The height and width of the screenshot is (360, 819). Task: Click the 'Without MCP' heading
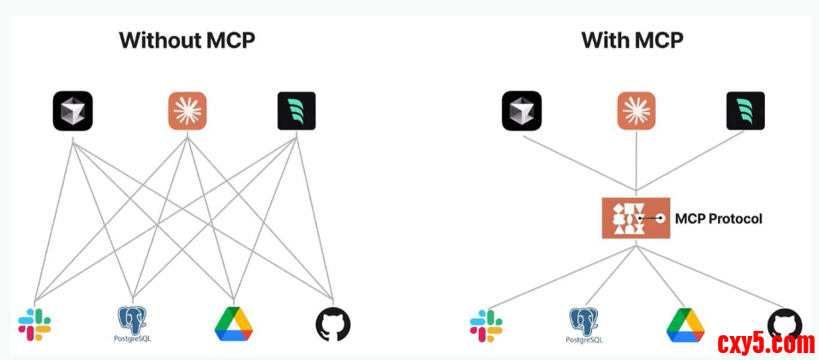pyautogui.click(x=187, y=40)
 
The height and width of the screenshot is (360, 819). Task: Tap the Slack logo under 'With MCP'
pyautogui.click(x=486, y=326)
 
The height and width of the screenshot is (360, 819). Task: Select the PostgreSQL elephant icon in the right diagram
pyautogui.click(x=583, y=321)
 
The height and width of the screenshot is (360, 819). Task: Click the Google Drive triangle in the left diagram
pyautogui.click(x=233, y=323)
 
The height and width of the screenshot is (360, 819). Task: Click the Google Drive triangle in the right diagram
pyautogui.click(x=685, y=325)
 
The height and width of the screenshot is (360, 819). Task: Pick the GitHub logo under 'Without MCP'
pyautogui.click(x=333, y=324)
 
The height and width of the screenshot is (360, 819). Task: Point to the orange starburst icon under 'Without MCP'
pyautogui.click(x=187, y=111)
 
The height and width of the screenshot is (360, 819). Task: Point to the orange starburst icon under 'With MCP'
pyautogui.click(x=637, y=111)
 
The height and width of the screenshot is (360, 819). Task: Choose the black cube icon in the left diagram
pyautogui.click(x=73, y=111)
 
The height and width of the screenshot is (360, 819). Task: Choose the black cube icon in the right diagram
pyautogui.click(x=522, y=111)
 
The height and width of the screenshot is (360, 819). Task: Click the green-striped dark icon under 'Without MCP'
pyautogui.click(x=296, y=111)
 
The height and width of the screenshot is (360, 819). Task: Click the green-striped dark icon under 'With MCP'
pyautogui.click(x=745, y=111)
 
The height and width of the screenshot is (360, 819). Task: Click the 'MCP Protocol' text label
pyautogui.click(x=718, y=219)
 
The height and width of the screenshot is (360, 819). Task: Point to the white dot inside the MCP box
pyautogui.click(x=661, y=219)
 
